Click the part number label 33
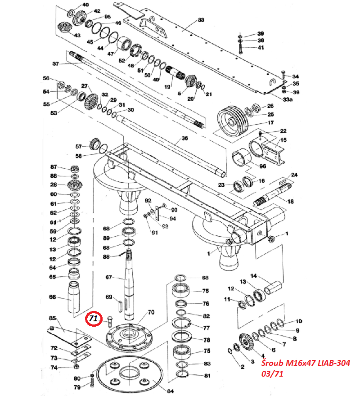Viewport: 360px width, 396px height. coord(201,20)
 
